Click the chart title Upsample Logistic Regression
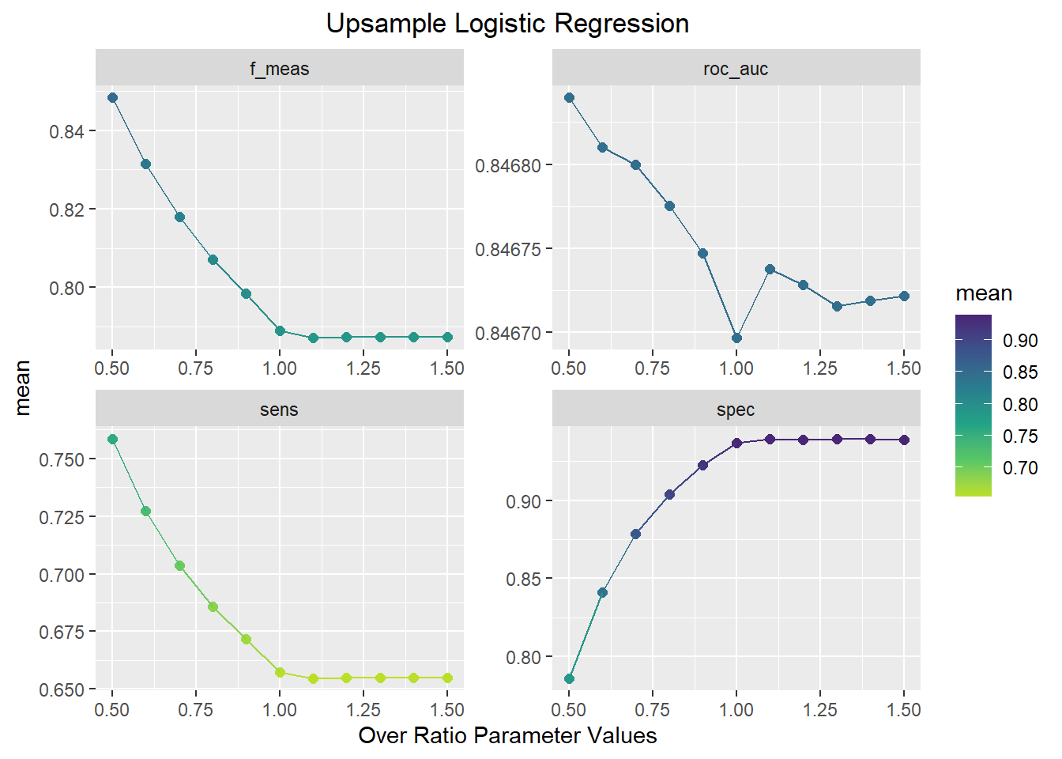[507, 24]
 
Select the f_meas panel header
[279, 69]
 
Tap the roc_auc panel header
[736, 69]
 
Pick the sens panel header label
[279, 410]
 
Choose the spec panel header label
[736, 410]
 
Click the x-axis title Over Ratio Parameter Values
[507, 735]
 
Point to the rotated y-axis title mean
[22, 387]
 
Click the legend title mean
[984, 293]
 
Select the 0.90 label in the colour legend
[1020, 341]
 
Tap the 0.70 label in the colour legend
[1020, 468]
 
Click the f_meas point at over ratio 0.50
[112, 98]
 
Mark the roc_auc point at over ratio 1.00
[736, 338]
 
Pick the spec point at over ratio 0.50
[569, 679]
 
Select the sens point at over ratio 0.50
[112, 440]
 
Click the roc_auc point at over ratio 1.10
[770, 270]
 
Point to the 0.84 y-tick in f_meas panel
[66, 131]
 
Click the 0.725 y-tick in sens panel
[62, 517]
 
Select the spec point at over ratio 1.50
[904, 440]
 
